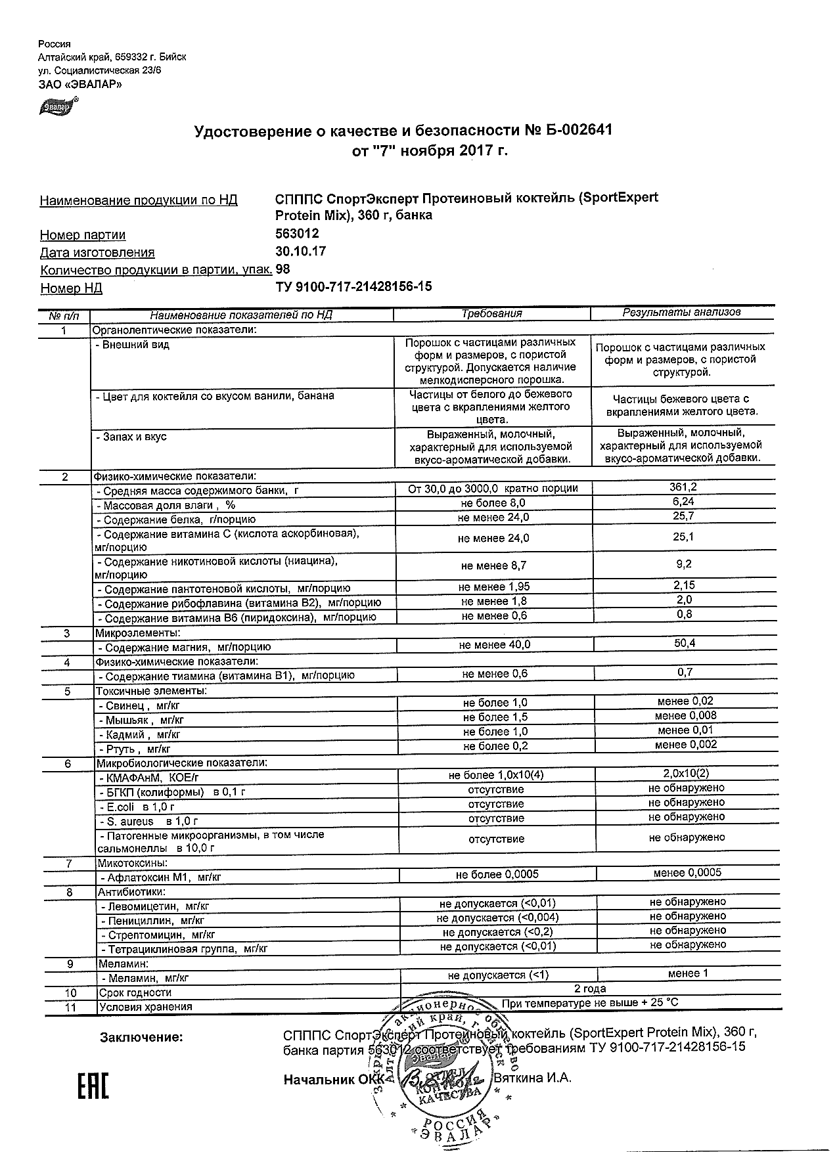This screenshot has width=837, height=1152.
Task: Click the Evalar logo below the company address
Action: [58, 104]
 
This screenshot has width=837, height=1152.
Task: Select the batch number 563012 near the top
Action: [298, 233]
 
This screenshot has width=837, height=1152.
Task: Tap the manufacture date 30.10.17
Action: [300, 251]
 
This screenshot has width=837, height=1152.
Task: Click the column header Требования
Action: [491, 314]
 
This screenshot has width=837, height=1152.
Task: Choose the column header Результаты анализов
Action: [681, 313]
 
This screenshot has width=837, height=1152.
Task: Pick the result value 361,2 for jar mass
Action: [683, 487]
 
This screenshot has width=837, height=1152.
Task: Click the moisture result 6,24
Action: [683, 501]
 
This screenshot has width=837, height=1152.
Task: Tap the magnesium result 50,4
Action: [685, 643]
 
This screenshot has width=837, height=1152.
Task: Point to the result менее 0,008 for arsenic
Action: [685, 715]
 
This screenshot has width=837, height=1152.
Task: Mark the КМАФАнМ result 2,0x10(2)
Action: [686, 773]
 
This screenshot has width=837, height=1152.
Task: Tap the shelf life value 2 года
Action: [590, 988]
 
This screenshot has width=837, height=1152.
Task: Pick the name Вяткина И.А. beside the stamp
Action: [533, 1078]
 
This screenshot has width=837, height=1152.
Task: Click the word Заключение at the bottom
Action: [141, 1038]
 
